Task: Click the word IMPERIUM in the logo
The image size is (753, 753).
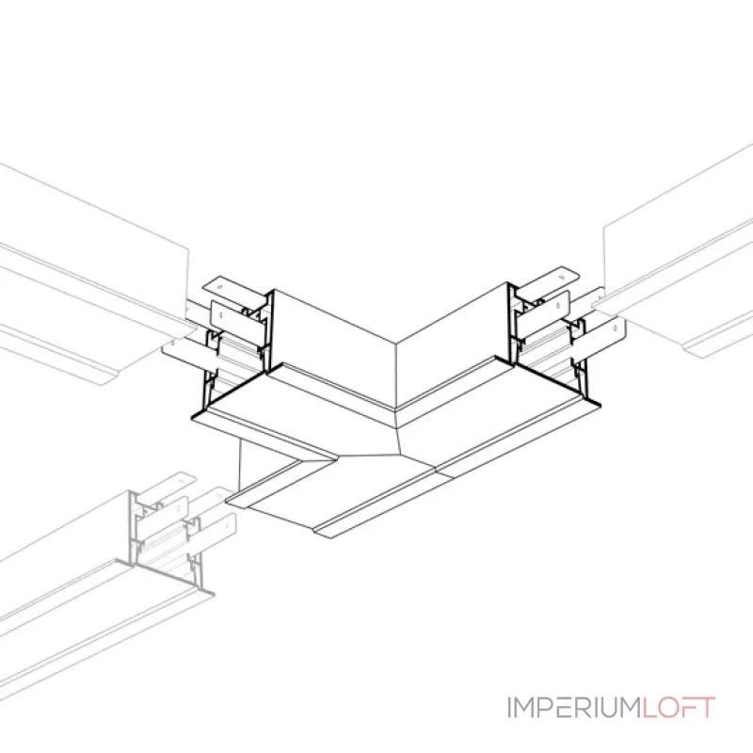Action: coord(575,707)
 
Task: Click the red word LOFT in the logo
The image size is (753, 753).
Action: coord(680,707)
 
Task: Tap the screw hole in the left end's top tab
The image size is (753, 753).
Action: coord(220,287)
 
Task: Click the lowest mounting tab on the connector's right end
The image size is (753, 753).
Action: coord(601,342)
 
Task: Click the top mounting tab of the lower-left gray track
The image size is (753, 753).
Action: coord(169,485)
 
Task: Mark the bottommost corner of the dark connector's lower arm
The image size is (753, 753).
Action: coord(330,537)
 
